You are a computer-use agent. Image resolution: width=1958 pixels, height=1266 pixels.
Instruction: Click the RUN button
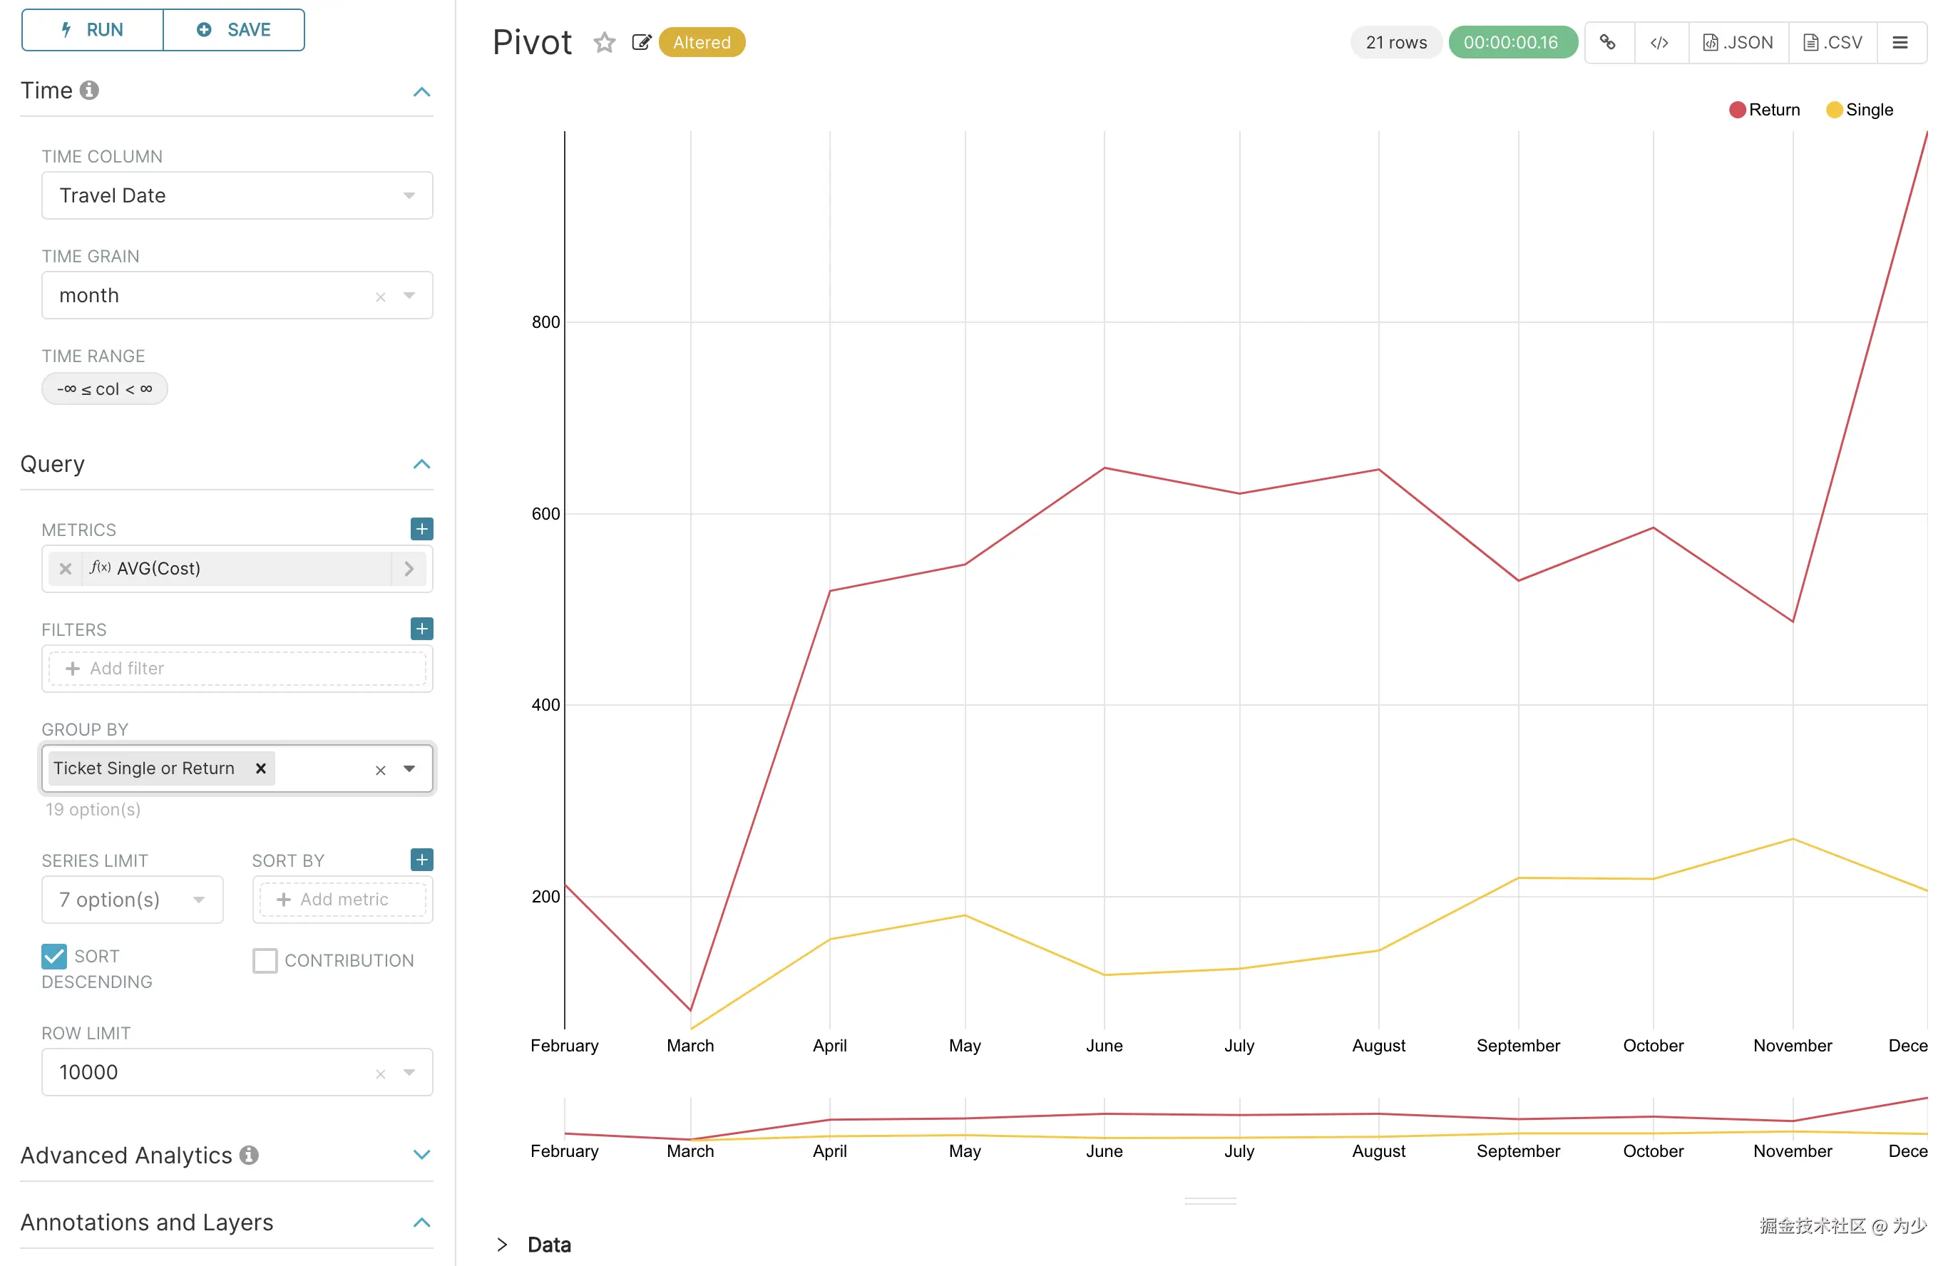pyautogui.click(x=92, y=31)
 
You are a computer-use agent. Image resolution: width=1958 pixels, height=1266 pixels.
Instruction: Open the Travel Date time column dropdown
pyautogui.click(x=237, y=195)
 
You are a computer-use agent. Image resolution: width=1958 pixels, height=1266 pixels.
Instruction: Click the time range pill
pyautogui.click(x=104, y=388)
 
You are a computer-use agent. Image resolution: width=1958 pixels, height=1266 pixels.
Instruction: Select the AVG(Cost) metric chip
pyautogui.click(x=158, y=568)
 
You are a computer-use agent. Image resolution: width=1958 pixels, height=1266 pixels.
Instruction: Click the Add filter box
pyautogui.click(x=237, y=669)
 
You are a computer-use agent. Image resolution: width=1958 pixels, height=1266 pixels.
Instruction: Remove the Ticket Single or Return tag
pyautogui.click(x=261, y=768)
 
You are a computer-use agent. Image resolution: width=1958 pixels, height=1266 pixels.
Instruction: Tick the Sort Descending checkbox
pyautogui.click(x=54, y=956)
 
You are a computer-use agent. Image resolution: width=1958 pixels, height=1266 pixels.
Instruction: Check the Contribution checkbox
pyautogui.click(x=265, y=960)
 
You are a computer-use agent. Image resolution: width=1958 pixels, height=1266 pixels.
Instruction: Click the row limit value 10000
pyautogui.click(x=89, y=1072)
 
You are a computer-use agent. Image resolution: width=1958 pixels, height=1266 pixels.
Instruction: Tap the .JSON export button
pyautogui.click(x=1738, y=43)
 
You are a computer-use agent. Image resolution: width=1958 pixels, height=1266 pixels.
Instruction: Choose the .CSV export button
pyautogui.click(x=1833, y=43)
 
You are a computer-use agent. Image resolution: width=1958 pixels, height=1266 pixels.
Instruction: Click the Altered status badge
pyautogui.click(x=702, y=43)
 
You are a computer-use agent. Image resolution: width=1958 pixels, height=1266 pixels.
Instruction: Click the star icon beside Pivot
pyautogui.click(x=605, y=43)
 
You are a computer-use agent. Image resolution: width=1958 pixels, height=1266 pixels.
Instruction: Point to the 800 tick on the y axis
pyautogui.click(x=545, y=322)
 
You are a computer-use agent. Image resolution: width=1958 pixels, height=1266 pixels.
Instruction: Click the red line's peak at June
pyautogui.click(x=1104, y=468)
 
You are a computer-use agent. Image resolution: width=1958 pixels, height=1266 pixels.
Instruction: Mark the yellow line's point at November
pyautogui.click(x=1792, y=839)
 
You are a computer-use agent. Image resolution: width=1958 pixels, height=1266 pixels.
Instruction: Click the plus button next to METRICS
pyautogui.click(x=422, y=529)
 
